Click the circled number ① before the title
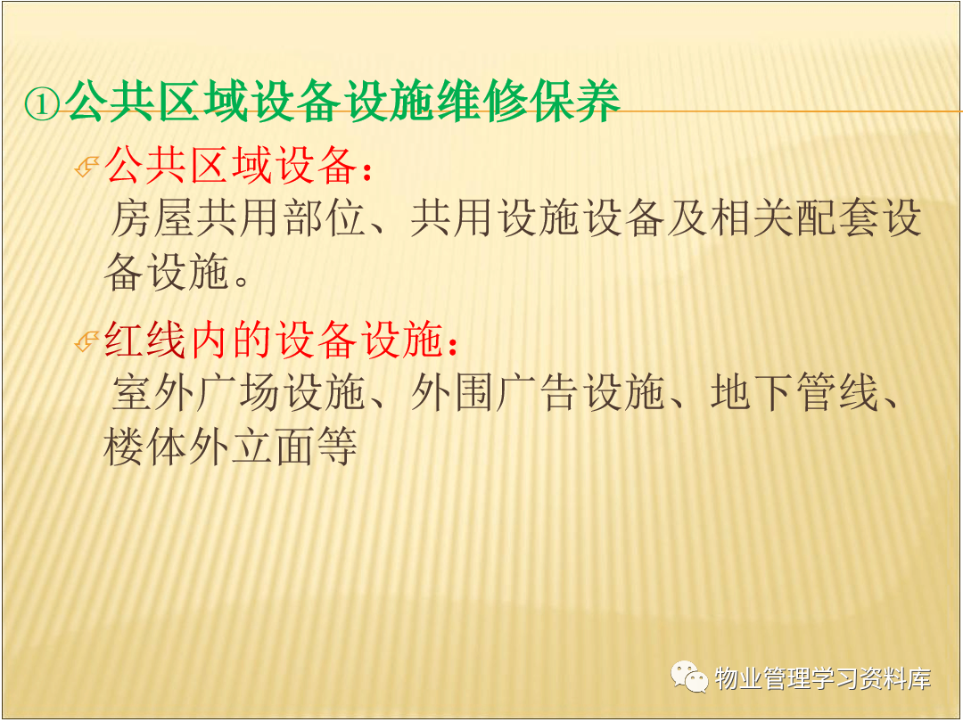(43, 103)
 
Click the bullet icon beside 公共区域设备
(86, 167)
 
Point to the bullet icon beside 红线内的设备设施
(86, 341)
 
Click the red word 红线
(145, 340)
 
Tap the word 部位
(325, 218)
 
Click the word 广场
(239, 393)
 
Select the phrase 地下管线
(794, 393)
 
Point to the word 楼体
(145, 447)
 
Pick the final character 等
(337, 447)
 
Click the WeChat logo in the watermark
(689, 677)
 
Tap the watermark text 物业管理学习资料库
(823, 678)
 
